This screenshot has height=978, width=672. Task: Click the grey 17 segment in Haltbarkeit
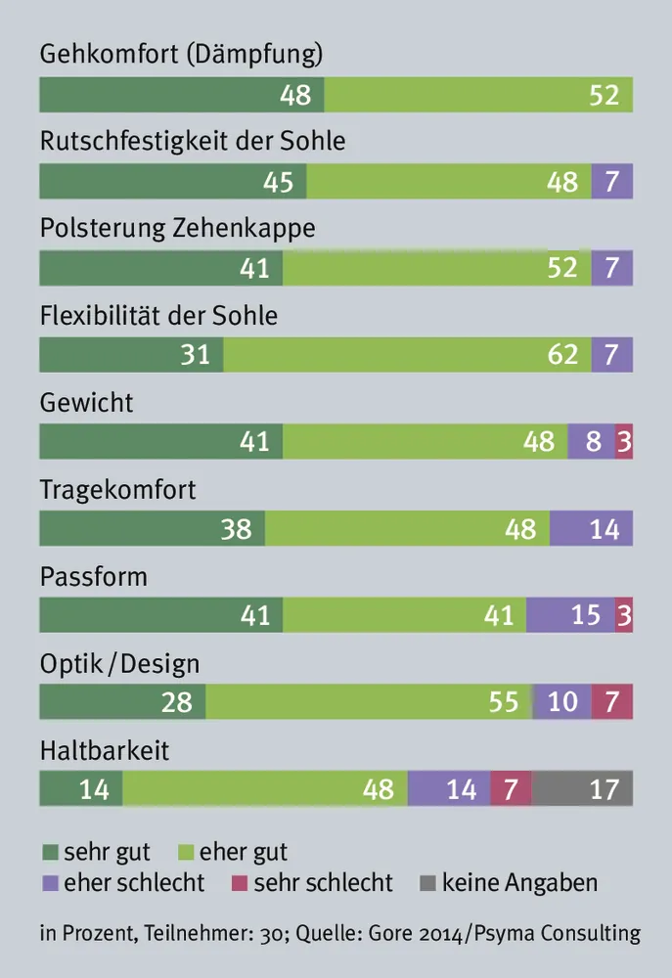point(582,788)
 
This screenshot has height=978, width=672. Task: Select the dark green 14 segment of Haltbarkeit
point(81,788)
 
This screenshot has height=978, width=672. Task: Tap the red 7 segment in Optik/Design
point(612,701)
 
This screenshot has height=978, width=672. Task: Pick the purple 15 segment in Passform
point(570,615)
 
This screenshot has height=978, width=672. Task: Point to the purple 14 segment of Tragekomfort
point(591,528)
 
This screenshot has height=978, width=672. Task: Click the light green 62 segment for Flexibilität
point(407,354)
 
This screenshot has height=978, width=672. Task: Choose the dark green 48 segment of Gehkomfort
point(182,95)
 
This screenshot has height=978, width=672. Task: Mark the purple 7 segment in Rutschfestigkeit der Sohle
point(612,182)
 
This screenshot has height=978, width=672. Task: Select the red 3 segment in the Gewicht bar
point(624,441)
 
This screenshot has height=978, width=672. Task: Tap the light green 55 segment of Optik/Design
point(369,701)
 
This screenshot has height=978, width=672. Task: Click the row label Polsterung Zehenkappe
point(178,229)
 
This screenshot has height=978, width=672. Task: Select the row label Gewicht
point(86,402)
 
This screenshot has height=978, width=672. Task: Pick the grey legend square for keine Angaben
point(427,883)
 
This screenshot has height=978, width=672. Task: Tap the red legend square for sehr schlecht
point(240,883)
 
